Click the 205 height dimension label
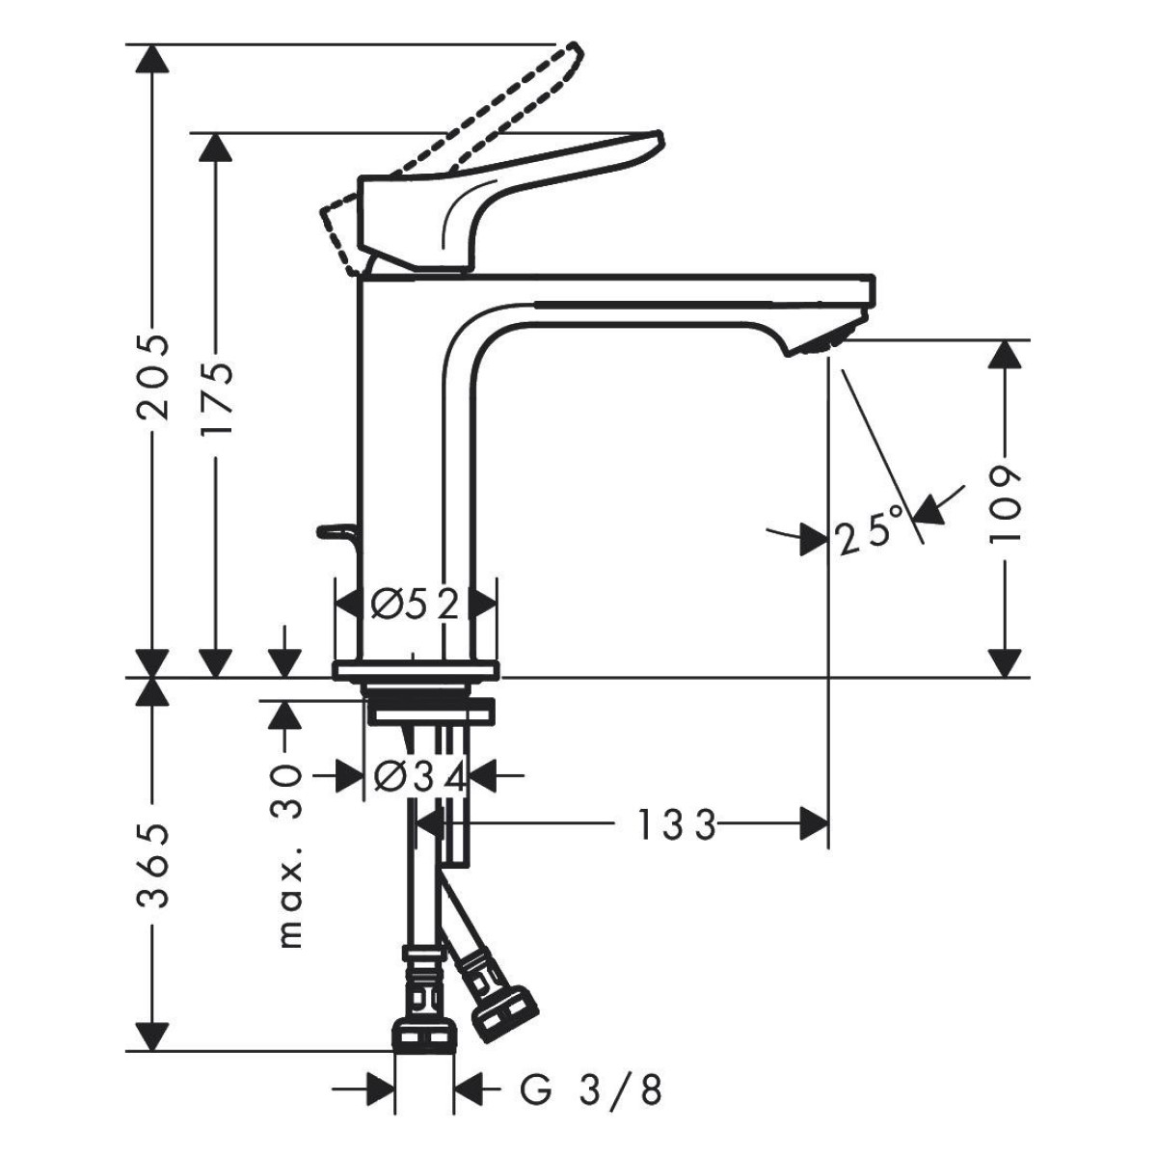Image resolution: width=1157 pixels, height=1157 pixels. click(152, 376)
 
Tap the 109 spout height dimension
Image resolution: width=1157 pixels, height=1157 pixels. click(1005, 503)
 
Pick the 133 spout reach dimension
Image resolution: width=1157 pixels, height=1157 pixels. click(676, 825)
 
